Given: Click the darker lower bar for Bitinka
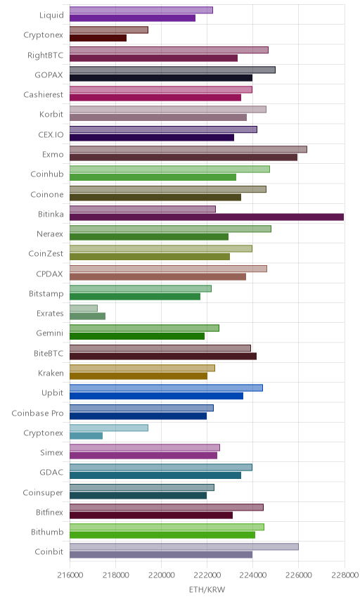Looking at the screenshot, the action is pyautogui.click(x=207, y=217).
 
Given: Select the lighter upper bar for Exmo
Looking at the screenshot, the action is pyautogui.click(x=188, y=149).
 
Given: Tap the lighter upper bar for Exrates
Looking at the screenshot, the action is pyautogui.click(x=84, y=308).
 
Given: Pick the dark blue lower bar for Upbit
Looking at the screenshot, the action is pyautogui.click(x=156, y=396).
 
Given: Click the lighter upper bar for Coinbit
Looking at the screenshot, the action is pyautogui.click(x=184, y=546).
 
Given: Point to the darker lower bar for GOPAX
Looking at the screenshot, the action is pyautogui.click(x=161, y=78).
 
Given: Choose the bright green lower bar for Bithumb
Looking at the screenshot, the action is pyautogui.click(x=162, y=534).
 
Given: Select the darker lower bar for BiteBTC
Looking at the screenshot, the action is pyautogui.click(x=163, y=356).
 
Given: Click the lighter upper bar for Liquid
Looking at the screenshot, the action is pyautogui.click(x=141, y=11).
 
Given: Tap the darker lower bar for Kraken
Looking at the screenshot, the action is pyautogui.click(x=139, y=376).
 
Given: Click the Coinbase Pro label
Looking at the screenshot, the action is pyautogui.click(x=37, y=413).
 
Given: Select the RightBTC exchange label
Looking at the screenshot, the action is pyautogui.click(x=45, y=56).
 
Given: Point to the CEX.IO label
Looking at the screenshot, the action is pyautogui.click(x=51, y=135).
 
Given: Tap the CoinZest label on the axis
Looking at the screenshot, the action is pyautogui.click(x=46, y=254).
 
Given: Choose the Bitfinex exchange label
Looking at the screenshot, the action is pyautogui.click(x=49, y=512).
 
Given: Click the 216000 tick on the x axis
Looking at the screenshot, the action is pyautogui.click(x=70, y=575).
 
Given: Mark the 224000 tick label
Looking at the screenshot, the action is pyautogui.click(x=252, y=575).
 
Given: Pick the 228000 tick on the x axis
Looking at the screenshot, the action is pyautogui.click(x=344, y=575).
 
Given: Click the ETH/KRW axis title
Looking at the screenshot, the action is pyautogui.click(x=207, y=589).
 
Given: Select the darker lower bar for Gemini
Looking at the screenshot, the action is pyautogui.click(x=137, y=336).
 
